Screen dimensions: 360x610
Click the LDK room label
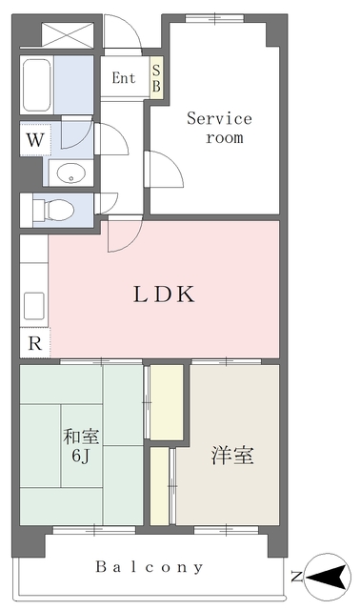(x=164, y=295)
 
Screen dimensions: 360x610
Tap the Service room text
(x=219, y=128)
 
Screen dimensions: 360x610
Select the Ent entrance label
(x=124, y=78)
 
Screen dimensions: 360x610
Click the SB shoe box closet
(x=156, y=78)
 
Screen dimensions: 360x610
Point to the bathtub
(x=37, y=85)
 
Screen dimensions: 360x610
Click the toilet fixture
(x=53, y=211)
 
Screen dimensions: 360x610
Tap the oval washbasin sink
(x=71, y=173)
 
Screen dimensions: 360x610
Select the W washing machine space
(x=35, y=139)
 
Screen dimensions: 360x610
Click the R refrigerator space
(x=35, y=343)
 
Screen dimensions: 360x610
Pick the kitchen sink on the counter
(x=34, y=306)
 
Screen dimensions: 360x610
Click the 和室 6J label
(x=81, y=446)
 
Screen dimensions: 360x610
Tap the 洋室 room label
(x=232, y=456)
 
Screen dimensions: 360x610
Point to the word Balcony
(x=150, y=567)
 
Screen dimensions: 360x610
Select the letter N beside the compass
(x=296, y=576)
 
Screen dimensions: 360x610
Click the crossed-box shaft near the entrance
(x=68, y=35)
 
